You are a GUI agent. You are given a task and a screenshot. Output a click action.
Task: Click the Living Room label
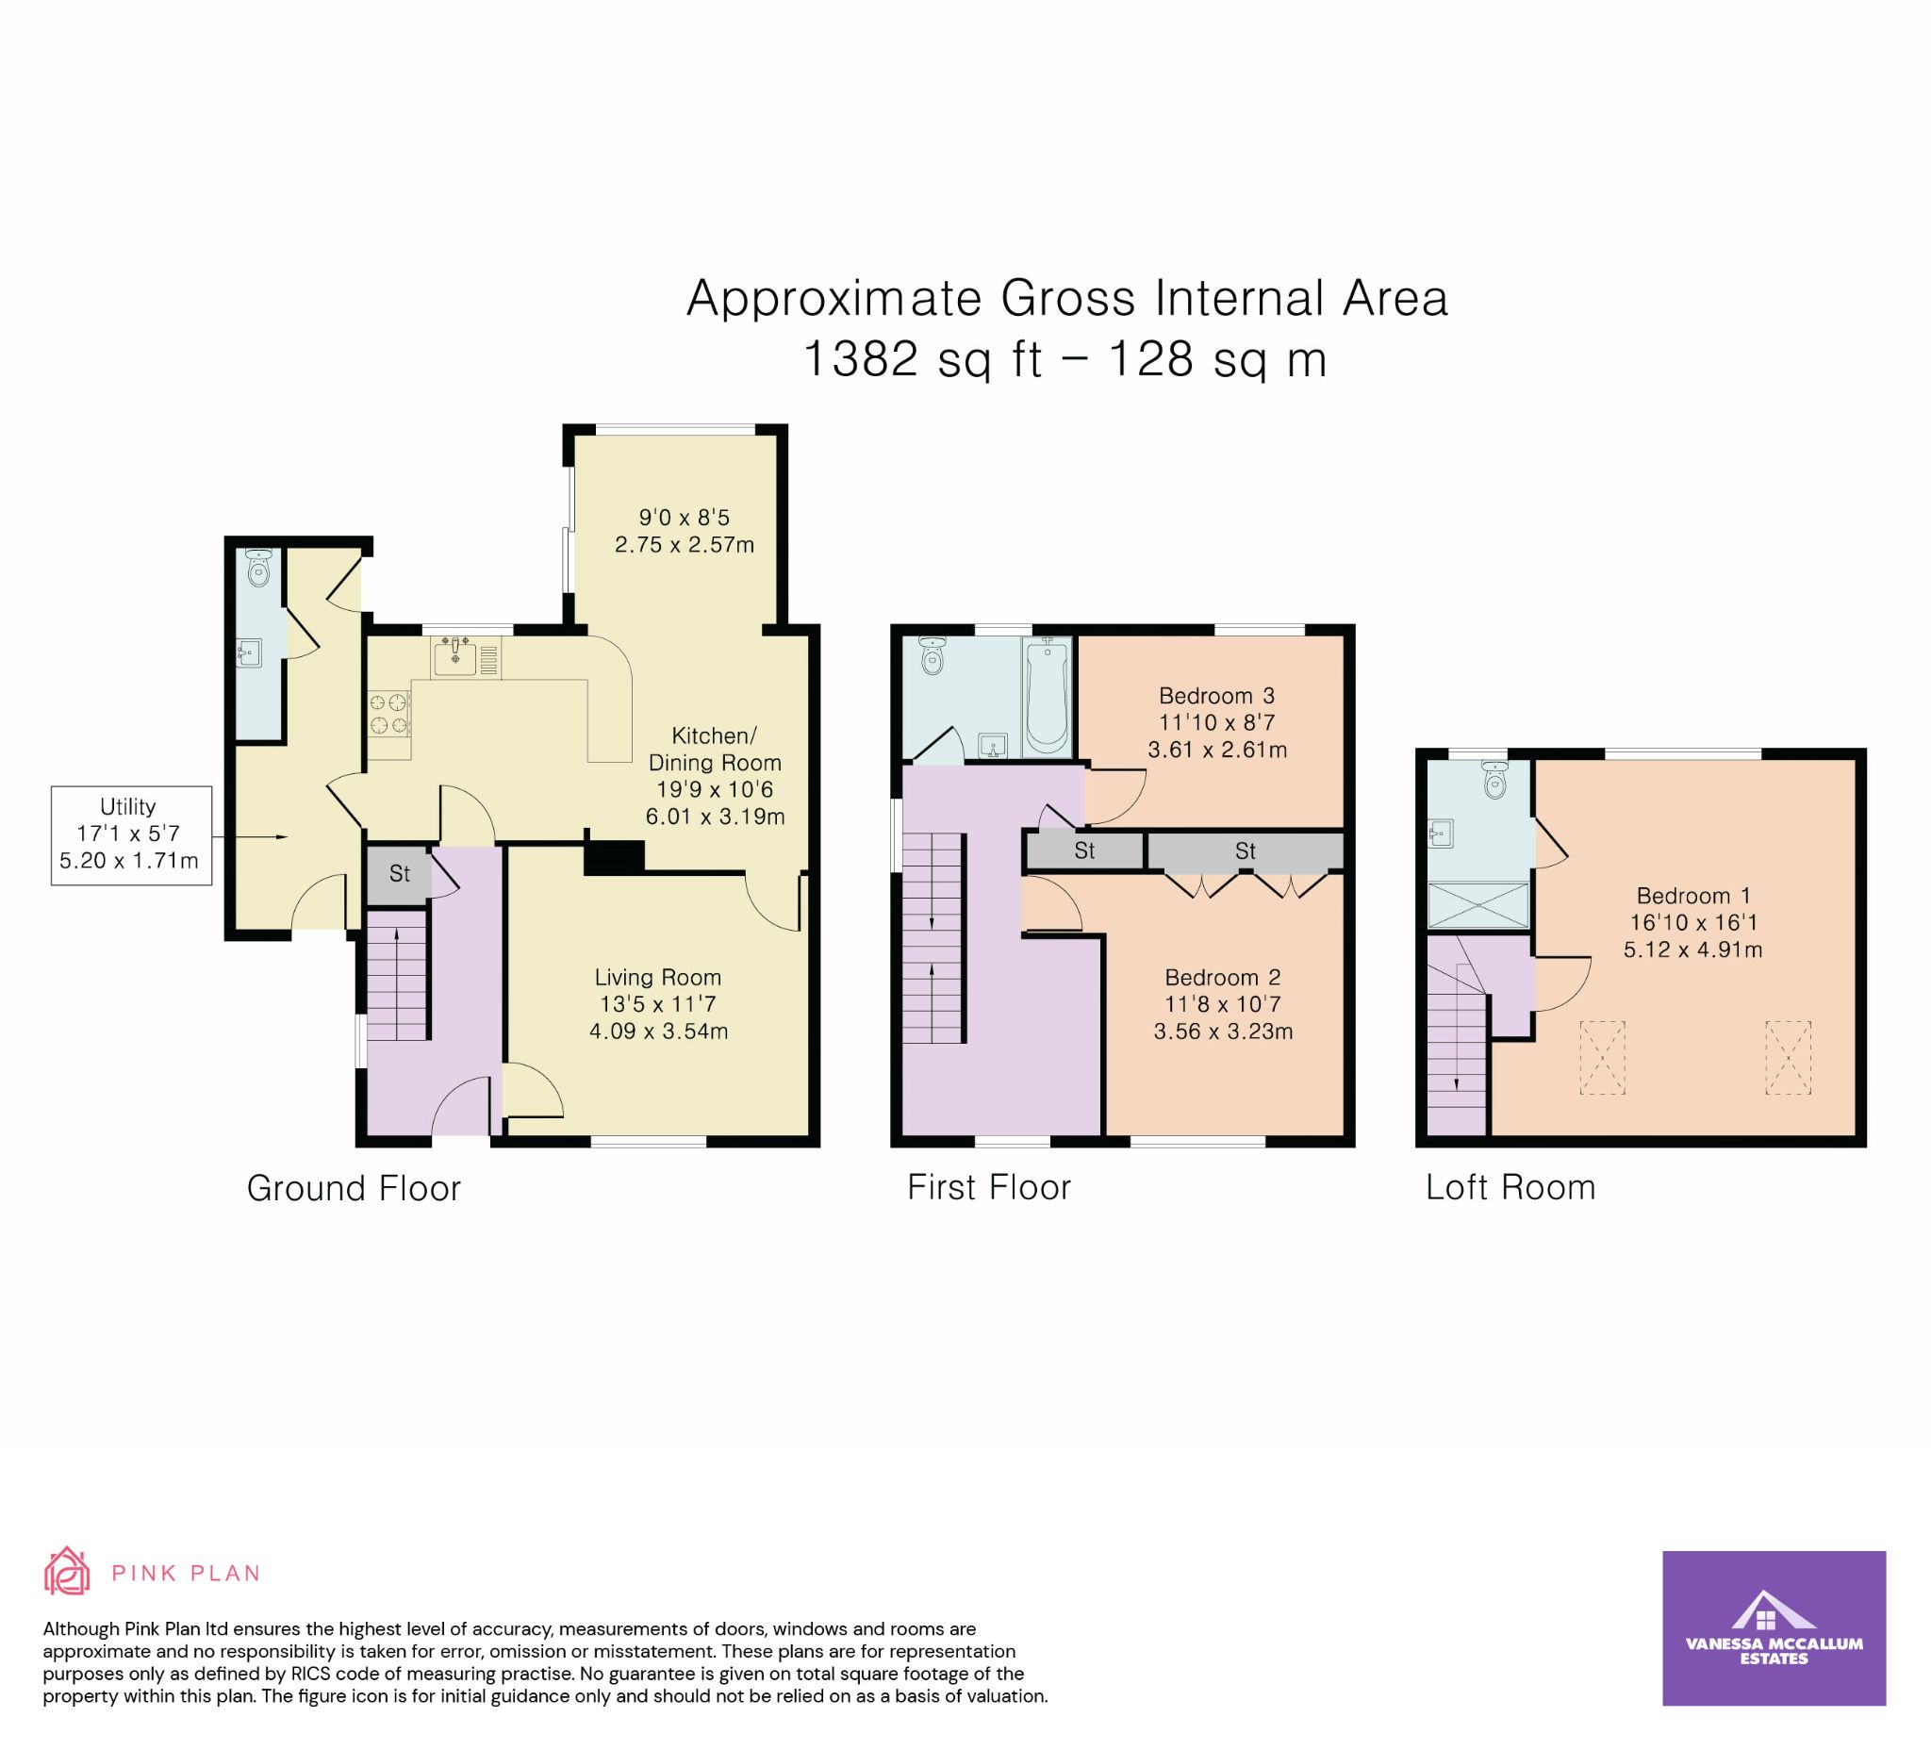[658, 977]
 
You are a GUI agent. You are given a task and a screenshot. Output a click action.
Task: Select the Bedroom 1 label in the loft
[1693, 896]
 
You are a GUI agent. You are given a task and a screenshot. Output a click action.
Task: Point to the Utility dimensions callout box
[131, 835]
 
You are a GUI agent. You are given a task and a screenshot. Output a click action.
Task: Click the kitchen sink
[455, 657]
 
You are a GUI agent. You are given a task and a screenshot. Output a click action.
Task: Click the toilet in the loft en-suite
[1494, 781]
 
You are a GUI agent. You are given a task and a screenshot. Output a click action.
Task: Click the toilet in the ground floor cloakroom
[258, 568]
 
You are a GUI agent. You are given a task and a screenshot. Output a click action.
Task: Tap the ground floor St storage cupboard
[400, 873]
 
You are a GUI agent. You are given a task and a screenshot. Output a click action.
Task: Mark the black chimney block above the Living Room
[614, 856]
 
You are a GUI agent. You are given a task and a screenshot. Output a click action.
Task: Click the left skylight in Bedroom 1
[1603, 1058]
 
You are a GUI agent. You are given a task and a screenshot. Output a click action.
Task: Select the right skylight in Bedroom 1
[1789, 1058]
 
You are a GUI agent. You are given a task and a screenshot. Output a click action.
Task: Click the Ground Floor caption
[355, 1189]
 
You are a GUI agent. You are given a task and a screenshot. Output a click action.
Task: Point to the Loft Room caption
[1510, 1188]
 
